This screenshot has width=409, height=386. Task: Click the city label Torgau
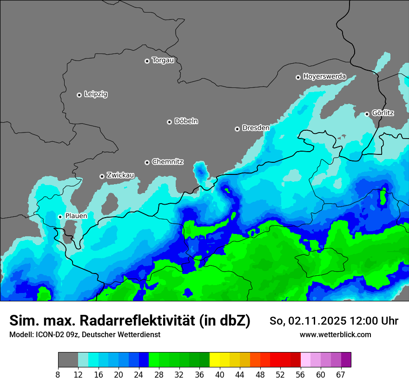(x=163, y=60)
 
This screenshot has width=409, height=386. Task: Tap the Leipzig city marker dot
(x=79, y=95)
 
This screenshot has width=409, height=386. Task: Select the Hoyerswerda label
(x=324, y=77)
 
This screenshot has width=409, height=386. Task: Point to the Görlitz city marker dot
(x=367, y=114)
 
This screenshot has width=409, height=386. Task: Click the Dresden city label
(x=256, y=128)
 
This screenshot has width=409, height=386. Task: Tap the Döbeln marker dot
(x=169, y=122)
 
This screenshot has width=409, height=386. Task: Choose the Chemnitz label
(x=167, y=162)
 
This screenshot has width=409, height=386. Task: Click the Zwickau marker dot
(x=102, y=176)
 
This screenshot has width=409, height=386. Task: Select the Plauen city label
(x=76, y=216)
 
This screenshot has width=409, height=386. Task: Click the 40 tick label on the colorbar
(x=220, y=374)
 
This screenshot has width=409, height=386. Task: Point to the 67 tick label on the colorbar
(x=341, y=374)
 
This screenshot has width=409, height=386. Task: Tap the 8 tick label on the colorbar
(x=58, y=374)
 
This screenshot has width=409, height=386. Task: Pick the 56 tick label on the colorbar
(x=301, y=374)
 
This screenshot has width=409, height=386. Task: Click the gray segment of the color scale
(x=68, y=360)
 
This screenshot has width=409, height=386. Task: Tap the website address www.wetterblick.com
(x=335, y=335)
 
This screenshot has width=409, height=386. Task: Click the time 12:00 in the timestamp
(x=366, y=321)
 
